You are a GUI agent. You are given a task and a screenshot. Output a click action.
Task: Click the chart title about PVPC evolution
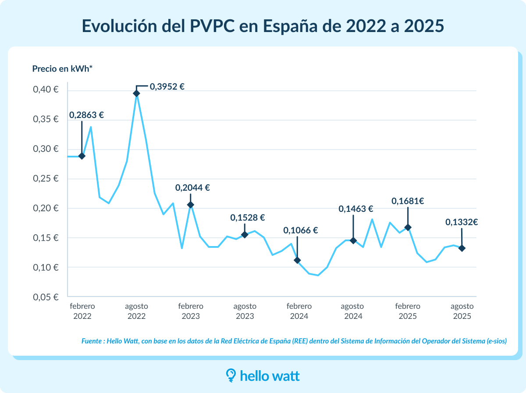coord(263,26)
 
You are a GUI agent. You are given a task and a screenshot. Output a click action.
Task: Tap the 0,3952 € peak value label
coord(167,86)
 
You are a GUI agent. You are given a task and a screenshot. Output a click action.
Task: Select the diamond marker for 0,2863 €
coord(82,156)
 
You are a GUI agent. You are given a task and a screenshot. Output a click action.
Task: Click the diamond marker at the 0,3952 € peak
coord(136,93)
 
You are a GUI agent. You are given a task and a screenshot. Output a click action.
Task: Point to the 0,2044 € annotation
coord(192,188)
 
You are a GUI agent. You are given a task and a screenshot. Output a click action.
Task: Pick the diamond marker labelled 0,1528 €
coord(245,235)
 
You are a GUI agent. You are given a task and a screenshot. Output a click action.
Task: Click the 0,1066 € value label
coord(300,230)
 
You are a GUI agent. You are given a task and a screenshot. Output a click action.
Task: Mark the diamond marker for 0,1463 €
coord(353,240)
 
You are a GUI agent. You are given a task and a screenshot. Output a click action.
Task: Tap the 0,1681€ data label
coord(408,201)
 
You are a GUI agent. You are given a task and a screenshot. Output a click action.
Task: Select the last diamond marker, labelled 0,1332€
coord(462,248)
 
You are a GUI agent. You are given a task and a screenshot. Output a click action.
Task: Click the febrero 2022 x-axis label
coord(82,311)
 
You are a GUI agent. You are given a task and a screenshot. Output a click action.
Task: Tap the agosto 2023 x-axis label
coord(245,311)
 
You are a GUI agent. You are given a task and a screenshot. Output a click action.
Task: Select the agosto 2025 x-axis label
coord(462,311)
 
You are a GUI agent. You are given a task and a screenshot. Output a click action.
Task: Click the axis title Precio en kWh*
coord(63,68)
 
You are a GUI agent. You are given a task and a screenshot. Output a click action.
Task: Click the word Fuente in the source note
coord(92,341)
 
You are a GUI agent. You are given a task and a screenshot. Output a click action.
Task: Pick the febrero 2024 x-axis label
coord(299,311)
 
